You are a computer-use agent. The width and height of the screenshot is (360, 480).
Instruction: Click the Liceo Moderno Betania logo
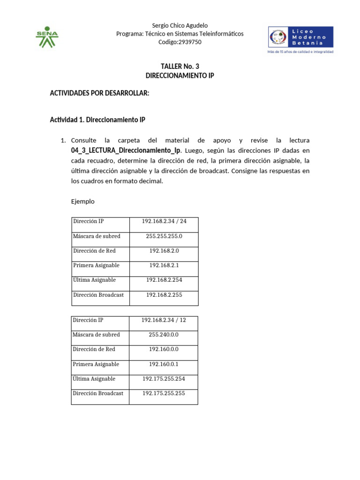300,37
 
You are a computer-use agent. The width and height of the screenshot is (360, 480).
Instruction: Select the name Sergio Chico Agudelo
180,25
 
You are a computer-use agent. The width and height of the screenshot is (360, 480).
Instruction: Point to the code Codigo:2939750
180,42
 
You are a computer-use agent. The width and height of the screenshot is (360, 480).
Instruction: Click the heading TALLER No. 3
180,67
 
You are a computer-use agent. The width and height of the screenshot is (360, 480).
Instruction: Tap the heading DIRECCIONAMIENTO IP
180,75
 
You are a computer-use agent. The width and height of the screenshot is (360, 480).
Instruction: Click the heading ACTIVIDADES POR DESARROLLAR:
99,93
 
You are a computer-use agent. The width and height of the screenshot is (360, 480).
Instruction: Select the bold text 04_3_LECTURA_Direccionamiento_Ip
126,150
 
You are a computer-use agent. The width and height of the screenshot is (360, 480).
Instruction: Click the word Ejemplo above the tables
82,202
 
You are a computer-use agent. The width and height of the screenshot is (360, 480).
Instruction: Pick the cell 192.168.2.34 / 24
164,221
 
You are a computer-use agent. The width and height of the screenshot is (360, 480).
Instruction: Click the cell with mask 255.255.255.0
164,236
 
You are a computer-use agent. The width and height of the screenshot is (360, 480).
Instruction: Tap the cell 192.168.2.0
164,251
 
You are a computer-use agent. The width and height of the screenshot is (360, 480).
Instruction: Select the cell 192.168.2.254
164,280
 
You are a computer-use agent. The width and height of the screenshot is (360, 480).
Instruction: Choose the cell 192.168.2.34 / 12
164,320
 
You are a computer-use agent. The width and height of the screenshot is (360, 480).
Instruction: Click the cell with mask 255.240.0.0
164,335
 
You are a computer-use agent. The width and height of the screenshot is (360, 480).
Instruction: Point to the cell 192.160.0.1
164,364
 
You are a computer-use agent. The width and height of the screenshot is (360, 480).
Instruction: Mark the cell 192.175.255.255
164,393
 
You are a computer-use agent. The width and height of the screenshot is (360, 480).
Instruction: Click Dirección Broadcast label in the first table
98,295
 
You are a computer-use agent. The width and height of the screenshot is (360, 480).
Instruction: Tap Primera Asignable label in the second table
96,364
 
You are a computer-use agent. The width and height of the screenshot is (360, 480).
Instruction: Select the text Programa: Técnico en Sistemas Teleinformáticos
180,34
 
